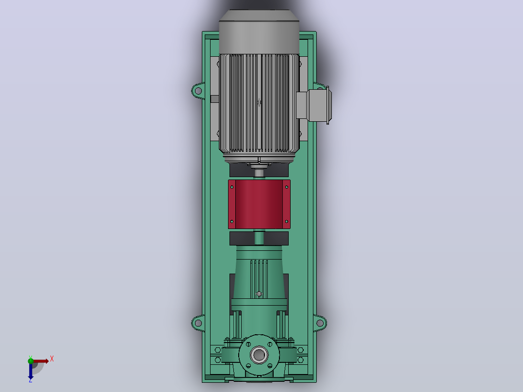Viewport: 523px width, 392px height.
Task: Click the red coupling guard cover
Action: pos(259,204)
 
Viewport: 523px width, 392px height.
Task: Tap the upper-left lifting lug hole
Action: pos(198,91)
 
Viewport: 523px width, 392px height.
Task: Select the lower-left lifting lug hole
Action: pos(198,323)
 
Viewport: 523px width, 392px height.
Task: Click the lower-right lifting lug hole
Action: pos(320,323)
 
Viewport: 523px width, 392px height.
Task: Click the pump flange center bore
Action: pos(259,355)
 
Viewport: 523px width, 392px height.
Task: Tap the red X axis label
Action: pos(52,359)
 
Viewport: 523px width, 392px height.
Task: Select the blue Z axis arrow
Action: pos(31,371)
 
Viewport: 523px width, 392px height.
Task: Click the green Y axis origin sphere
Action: pos(31,360)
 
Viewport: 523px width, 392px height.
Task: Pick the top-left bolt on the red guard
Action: pos(232,187)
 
